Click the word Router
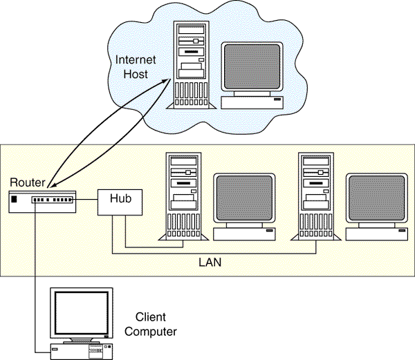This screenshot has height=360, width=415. coord(28,183)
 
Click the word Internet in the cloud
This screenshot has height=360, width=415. coord(136,60)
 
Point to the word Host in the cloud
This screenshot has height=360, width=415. coord(136,73)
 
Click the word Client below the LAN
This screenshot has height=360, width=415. coord(151,319)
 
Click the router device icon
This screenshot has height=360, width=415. coord(41,201)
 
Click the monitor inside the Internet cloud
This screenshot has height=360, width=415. coord(253,69)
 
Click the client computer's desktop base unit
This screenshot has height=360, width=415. coord(82,350)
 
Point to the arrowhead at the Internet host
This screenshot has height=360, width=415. coord(168,82)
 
